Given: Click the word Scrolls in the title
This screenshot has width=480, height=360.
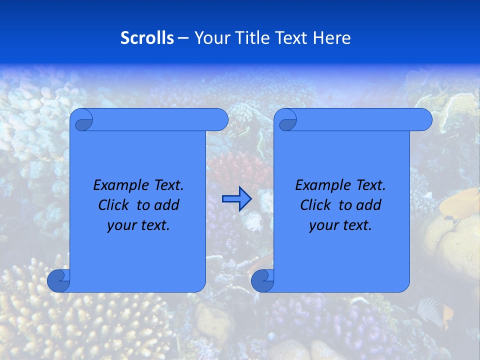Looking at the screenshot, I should click(x=147, y=38).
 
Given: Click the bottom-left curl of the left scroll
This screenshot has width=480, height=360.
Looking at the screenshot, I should click(x=58, y=281).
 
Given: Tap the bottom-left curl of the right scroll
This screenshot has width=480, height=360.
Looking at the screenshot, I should click(x=262, y=281).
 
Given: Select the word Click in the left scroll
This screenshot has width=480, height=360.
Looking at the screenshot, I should click(x=113, y=205).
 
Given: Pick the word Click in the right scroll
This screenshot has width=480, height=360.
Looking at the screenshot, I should click(x=315, y=205).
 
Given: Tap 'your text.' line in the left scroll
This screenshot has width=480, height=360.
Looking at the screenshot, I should click(x=138, y=225).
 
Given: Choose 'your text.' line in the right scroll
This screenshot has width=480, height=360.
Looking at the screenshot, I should click(x=340, y=225).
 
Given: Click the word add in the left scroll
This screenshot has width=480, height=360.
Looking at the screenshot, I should click(x=167, y=205).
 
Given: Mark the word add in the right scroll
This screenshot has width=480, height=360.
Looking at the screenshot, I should click(x=369, y=205).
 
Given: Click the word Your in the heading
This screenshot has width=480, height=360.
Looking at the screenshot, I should click(x=210, y=38).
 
